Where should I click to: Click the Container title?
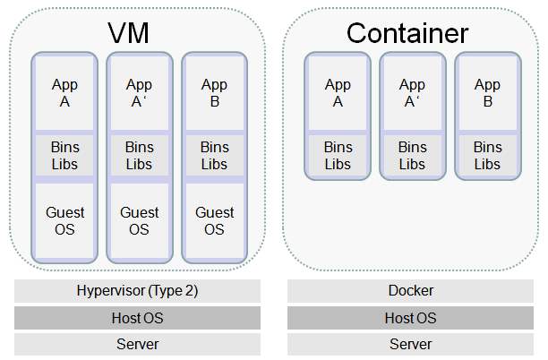pyautogui.click(x=407, y=33)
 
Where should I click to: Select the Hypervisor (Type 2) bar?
pyautogui.click(x=137, y=291)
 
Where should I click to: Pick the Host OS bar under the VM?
pyautogui.click(x=137, y=318)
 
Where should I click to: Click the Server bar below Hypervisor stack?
pyautogui.click(x=137, y=344)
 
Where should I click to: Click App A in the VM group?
pyautogui.click(x=64, y=93)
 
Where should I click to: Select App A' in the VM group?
pyautogui.click(x=139, y=93)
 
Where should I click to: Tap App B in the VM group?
pyautogui.click(x=214, y=93)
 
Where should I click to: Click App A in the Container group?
pyautogui.click(x=338, y=93)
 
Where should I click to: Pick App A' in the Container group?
pyautogui.click(x=412, y=93)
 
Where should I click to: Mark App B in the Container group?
pyautogui.click(x=487, y=93)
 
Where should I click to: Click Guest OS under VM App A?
pyautogui.click(x=64, y=221)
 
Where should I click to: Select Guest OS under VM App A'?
pyautogui.click(x=139, y=221)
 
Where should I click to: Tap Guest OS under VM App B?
pyautogui.click(x=214, y=221)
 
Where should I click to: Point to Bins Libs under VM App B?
pyautogui.click(x=214, y=156)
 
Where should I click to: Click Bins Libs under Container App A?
pyautogui.click(x=338, y=156)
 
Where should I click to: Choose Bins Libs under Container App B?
pyautogui.click(x=487, y=156)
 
